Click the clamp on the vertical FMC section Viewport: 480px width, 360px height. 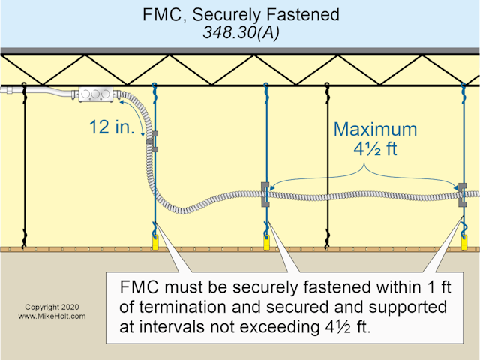[x=152, y=142]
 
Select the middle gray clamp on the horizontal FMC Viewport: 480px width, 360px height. [x=265, y=194]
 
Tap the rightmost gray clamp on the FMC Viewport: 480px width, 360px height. [x=462, y=194]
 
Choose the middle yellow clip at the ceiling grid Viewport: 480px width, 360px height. [x=266, y=240]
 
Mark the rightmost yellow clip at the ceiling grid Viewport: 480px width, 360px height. [x=464, y=240]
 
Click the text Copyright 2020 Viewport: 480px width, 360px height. [x=50, y=307]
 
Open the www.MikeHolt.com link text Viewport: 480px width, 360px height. [x=50, y=316]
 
